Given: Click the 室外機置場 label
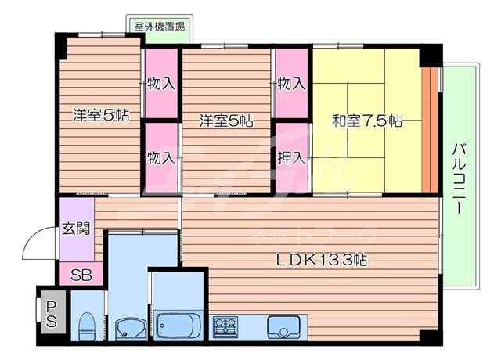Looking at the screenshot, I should pos(160,27).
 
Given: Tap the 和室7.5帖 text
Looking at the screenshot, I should pos(367,121).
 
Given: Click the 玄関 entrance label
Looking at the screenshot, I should pos(76,229).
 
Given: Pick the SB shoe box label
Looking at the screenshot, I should pos(80,275).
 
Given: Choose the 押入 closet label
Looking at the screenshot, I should pos(291,157).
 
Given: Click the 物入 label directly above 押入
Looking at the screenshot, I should pos(291,83).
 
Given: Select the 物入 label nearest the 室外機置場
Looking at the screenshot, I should pos(161,83).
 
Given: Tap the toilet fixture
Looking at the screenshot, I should pos(87,325).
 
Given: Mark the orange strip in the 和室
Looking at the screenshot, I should pos(428,129).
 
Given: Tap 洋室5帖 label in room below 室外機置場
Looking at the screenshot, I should pos(101,115).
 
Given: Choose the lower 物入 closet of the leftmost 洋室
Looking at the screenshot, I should pos(161,157).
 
